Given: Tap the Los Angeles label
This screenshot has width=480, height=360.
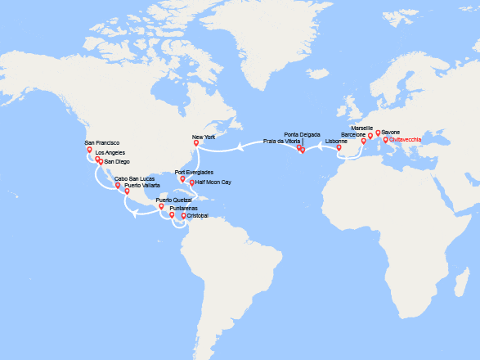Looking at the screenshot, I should click(x=111, y=153).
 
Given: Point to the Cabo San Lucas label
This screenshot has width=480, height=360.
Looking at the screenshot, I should click(x=134, y=178).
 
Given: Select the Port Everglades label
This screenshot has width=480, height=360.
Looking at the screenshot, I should click(x=194, y=172).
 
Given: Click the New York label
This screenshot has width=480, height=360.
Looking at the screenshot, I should click(x=203, y=137).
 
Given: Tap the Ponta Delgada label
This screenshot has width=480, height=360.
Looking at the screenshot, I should click(x=303, y=133).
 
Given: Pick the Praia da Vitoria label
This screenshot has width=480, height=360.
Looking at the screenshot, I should click(x=280, y=141).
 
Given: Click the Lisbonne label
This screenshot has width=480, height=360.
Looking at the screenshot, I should click(x=336, y=141).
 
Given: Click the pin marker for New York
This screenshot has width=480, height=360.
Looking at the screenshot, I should click(x=195, y=143).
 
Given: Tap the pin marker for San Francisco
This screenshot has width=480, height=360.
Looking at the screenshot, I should click(x=90, y=150).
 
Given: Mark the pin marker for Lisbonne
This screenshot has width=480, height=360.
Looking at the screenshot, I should click(x=339, y=148).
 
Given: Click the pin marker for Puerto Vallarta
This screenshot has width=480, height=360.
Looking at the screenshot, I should click(x=127, y=191).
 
